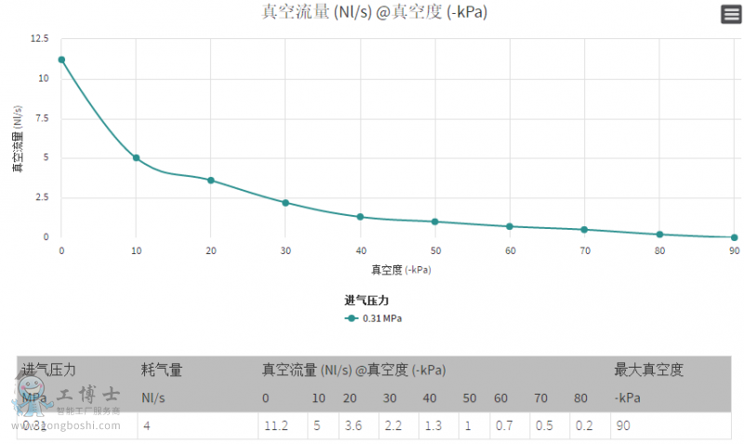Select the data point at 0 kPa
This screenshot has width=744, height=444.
61,60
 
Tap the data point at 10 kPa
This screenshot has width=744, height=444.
136,158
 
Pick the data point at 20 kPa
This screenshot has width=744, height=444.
211,180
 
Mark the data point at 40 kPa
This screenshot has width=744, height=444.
360,217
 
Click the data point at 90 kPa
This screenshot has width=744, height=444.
734,237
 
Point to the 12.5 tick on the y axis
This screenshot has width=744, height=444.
39,39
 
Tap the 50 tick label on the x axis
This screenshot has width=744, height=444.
434,251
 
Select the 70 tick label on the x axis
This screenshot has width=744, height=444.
584,251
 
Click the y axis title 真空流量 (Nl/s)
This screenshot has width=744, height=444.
17,139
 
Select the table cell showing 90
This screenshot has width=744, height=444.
623,426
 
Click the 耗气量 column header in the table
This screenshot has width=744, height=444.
162,370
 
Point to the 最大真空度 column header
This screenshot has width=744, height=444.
648,370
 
